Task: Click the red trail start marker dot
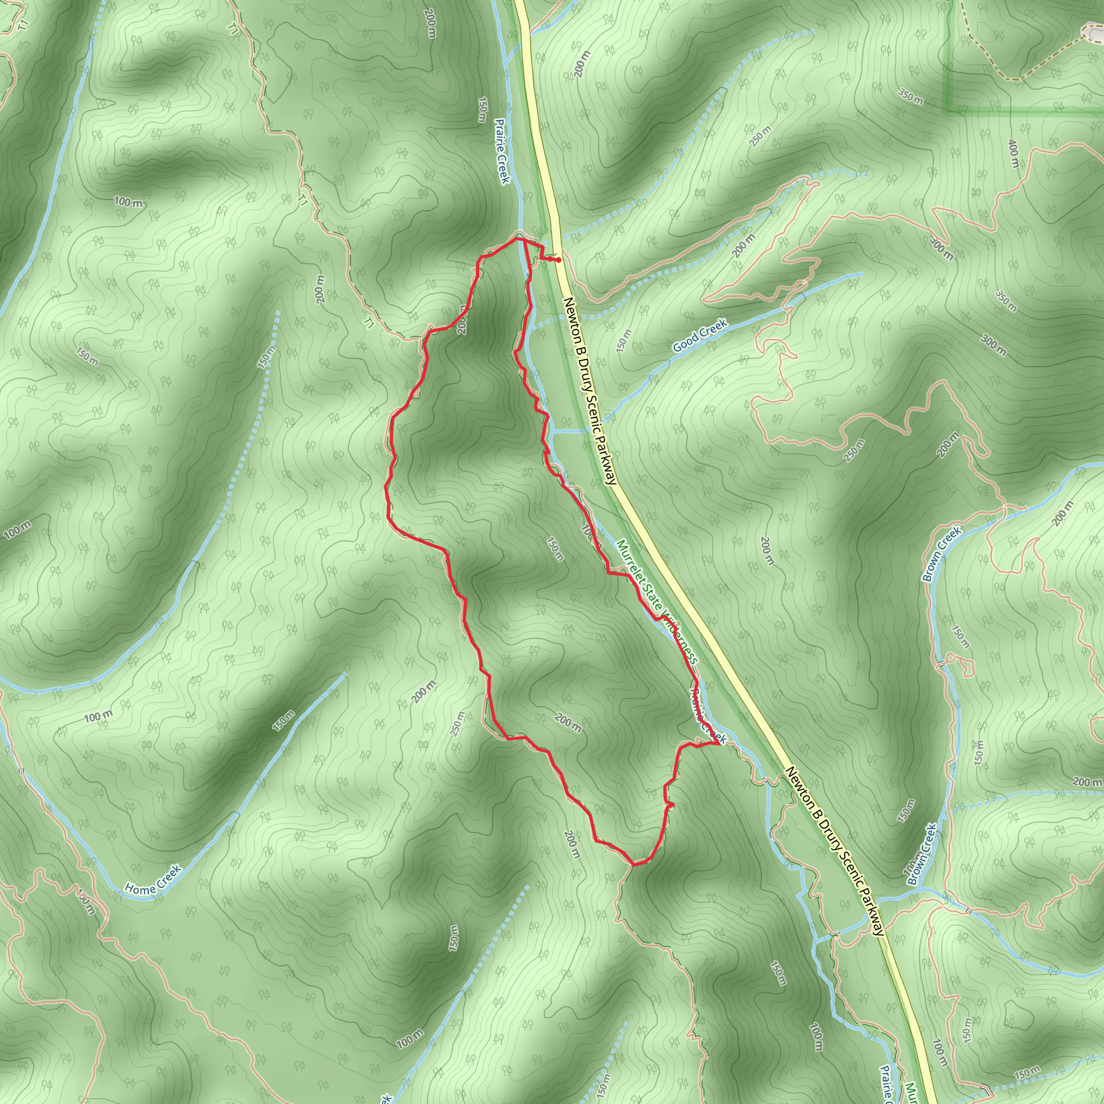coord(558,260)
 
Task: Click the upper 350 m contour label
coord(910,97)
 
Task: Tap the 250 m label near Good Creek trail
coord(761,135)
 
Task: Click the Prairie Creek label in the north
coord(502,151)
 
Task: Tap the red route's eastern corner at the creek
coord(717,744)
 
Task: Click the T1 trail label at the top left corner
coord(23,25)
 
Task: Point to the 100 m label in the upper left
coord(129,202)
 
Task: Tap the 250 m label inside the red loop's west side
coord(458,723)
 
